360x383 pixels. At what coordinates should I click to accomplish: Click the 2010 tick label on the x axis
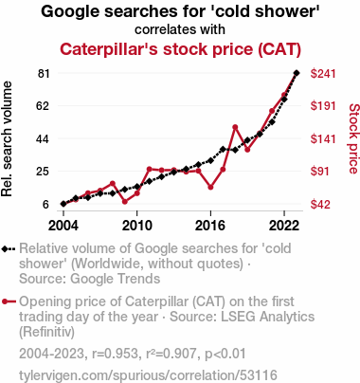136,226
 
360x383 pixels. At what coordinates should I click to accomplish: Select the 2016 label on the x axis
210,226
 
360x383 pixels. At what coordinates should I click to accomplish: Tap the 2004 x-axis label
63,226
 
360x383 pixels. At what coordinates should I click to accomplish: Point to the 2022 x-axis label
284,226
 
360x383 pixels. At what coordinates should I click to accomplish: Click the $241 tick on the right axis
323,74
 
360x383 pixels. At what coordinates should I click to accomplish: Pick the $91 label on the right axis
319,172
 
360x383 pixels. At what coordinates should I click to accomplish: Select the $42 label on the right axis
319,205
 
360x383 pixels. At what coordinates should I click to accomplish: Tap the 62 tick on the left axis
43,106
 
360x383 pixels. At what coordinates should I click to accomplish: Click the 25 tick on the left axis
43,172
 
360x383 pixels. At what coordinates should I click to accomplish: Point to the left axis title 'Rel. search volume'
7,139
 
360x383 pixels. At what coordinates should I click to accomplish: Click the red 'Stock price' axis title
354,138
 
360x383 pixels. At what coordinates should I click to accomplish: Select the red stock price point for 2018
235,127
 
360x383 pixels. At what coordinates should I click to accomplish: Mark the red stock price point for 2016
210,187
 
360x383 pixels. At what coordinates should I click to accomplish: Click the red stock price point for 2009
125,202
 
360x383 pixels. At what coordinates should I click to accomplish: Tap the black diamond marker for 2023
297,73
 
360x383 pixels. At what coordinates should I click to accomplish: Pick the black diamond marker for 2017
223,149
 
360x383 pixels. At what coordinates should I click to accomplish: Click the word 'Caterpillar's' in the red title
109,49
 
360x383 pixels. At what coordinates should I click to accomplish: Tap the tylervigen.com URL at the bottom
148,375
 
